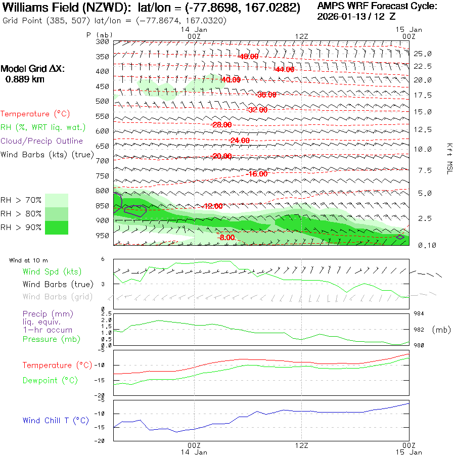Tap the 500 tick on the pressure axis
(x=103, y=101)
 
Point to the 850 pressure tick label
(x=103, y=206)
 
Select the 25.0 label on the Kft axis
(x=422, y=54)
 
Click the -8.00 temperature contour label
(x=226, y=237)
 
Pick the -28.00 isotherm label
(x=221, y=125)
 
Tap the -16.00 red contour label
(x=257, y=173)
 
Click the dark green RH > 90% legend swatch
(x=57, y=227)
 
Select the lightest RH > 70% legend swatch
(x=57, y=200)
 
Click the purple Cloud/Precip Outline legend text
(x=41, y=141)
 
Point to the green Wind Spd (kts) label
(x=52, y=272)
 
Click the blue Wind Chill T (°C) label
(x=56, y=421)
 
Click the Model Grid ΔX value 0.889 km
(x=25, y=79)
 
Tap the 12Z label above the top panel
(x=302, y=36)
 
